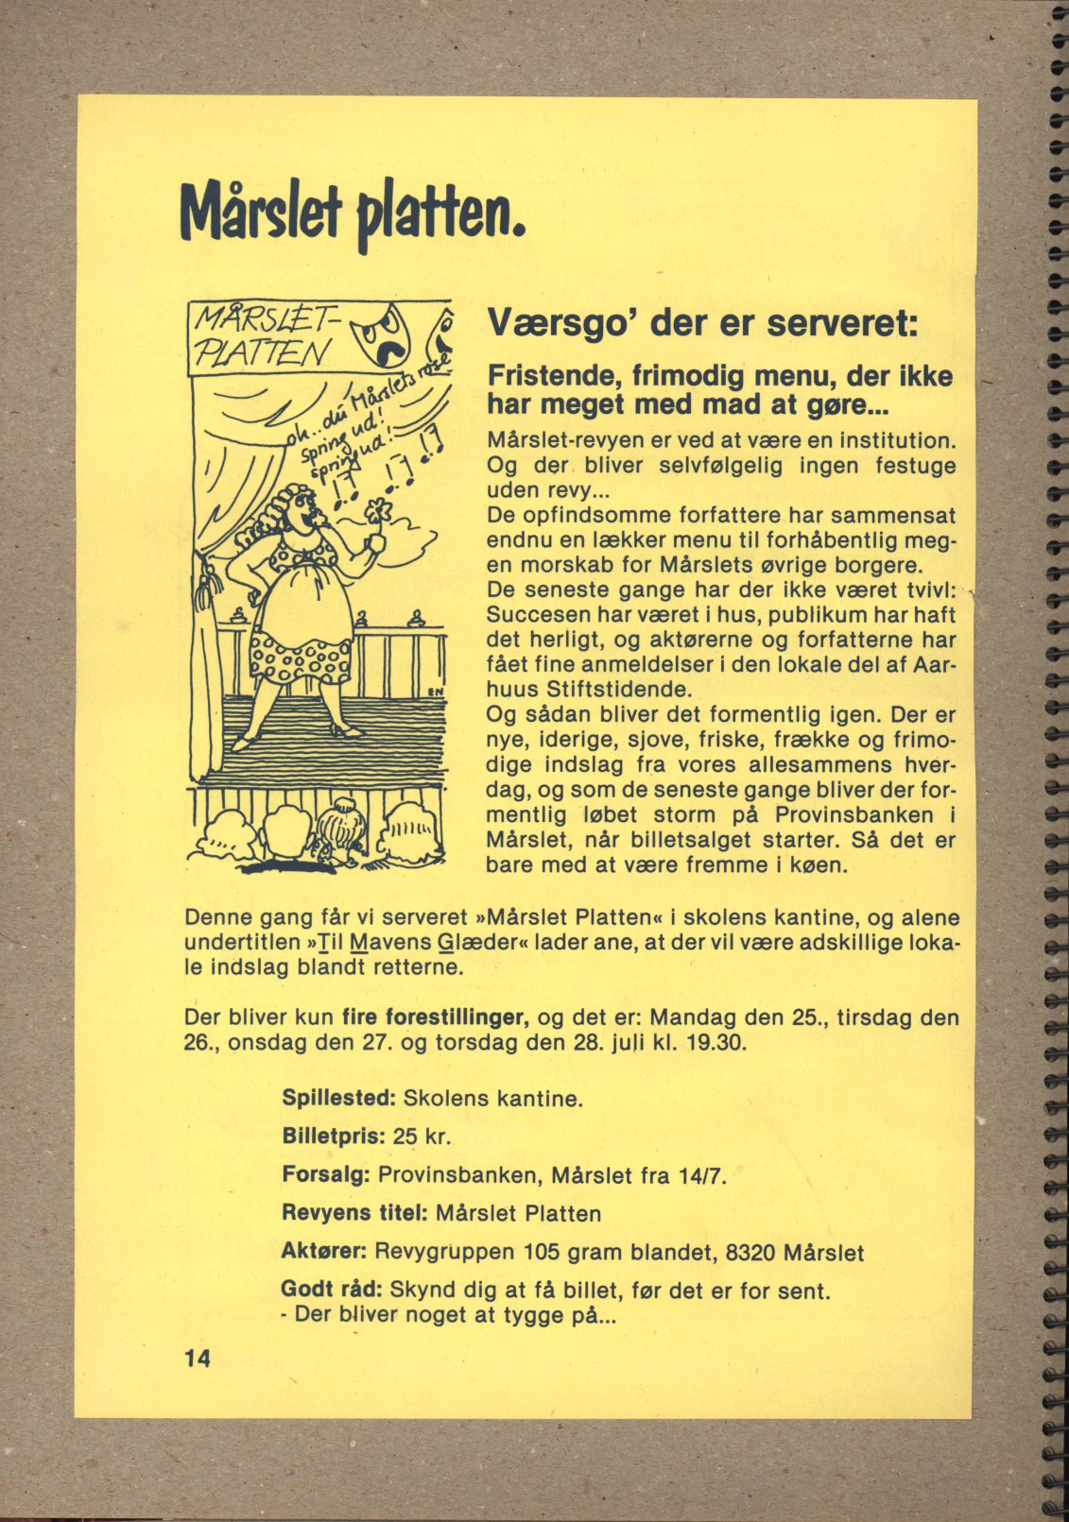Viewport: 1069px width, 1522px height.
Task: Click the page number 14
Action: pos(198,1359)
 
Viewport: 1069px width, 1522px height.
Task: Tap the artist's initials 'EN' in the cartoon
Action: pos(436,691)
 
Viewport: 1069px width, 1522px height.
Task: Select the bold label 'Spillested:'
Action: pos(338,1099)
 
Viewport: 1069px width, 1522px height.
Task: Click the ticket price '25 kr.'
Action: pos(422,1136)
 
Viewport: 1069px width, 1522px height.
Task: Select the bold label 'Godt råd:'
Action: pos(331,1290)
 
